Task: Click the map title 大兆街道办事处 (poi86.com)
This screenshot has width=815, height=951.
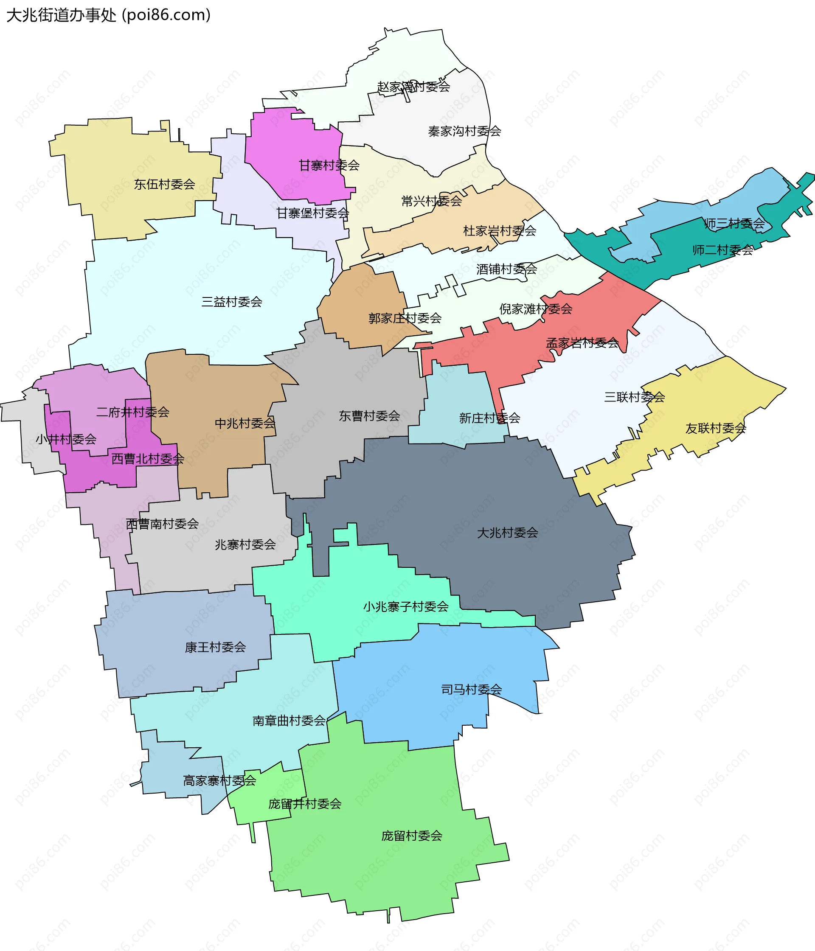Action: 108,15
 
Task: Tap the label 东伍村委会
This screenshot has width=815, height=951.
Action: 164,185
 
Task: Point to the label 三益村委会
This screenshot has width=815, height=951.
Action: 232,302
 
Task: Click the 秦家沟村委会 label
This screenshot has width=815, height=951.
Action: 464,132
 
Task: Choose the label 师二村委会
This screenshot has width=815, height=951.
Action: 723,250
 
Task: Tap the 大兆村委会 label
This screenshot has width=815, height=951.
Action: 507,533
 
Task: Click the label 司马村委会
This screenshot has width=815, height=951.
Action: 472,690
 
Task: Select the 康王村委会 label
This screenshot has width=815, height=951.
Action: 215,647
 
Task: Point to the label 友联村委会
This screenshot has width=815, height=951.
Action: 716,428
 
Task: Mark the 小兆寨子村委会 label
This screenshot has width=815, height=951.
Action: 406,607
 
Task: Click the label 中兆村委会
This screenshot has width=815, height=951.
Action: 245,423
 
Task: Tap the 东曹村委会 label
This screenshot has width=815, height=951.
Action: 370,416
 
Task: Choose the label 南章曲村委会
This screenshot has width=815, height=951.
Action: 289,721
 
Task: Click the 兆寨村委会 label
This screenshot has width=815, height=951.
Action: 246,545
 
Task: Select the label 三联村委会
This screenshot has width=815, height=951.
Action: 635,397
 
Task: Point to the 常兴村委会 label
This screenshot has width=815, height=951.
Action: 432,201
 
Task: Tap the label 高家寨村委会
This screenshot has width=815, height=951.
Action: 219,781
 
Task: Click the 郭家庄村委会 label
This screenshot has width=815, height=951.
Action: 405,318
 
